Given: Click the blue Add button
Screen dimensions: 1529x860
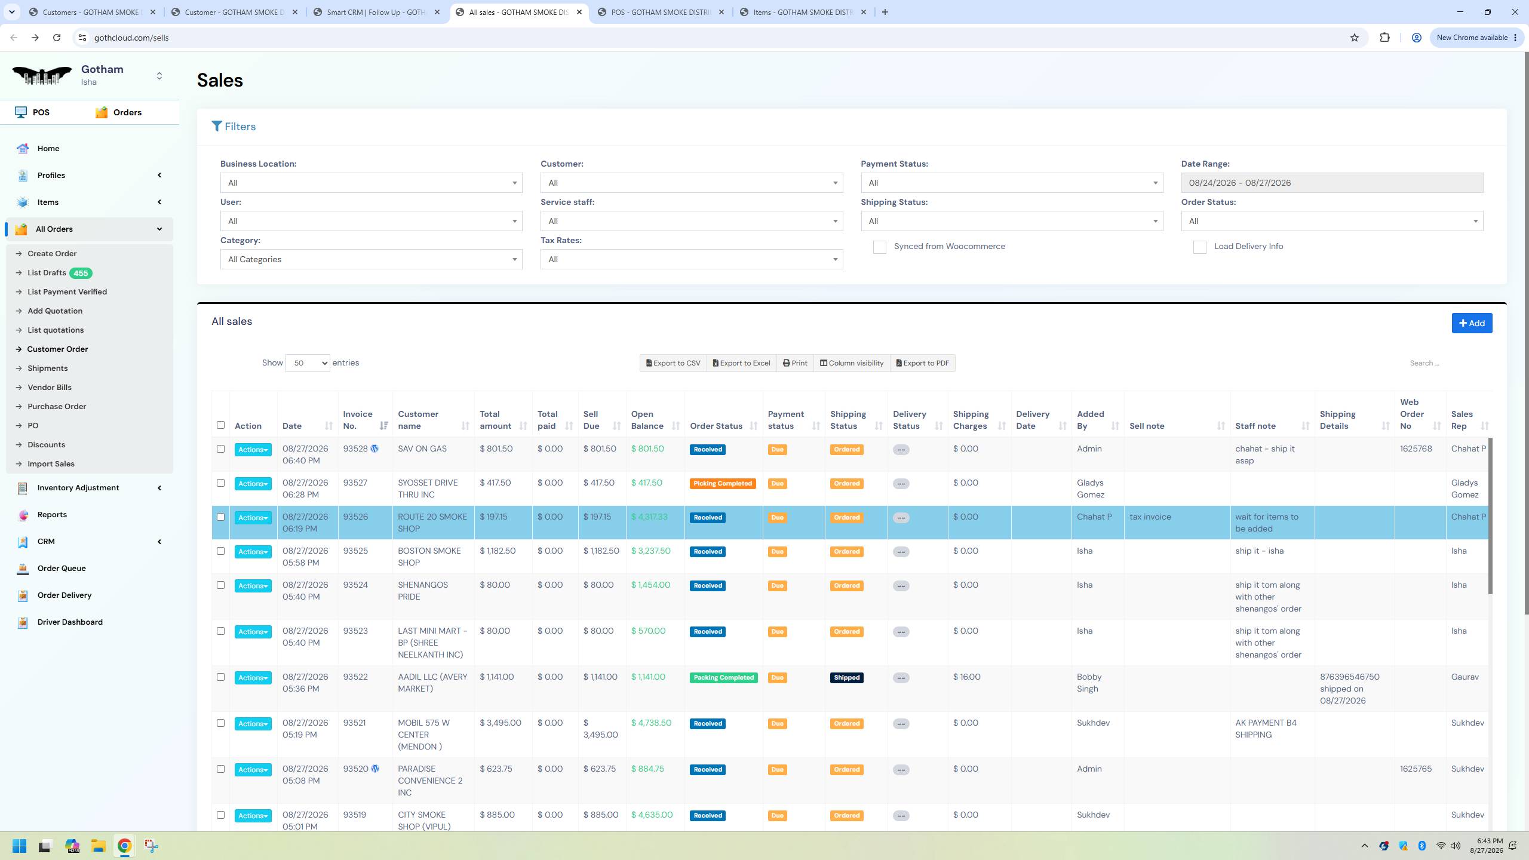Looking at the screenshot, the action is [x=1472, y=323].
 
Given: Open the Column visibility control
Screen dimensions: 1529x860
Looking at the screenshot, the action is [x=851, y=363].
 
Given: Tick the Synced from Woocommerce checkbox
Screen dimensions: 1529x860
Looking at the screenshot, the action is [x=879, y=247].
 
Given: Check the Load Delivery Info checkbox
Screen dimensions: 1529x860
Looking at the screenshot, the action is [x=1199, y=247].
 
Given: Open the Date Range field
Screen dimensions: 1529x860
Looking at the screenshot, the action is [x=1332, y=183].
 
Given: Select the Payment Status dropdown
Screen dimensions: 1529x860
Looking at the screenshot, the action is [x=1012, y=183].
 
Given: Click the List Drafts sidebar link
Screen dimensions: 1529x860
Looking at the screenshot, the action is [x=47, y=273].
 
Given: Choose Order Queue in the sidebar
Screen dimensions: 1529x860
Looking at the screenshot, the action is [x=62, y=569].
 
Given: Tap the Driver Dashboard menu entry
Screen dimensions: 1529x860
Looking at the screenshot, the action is [x=70, y=622].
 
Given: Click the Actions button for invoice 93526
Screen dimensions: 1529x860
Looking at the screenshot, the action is [x=253, y=518].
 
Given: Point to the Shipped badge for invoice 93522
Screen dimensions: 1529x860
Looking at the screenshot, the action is [x=846, y=678].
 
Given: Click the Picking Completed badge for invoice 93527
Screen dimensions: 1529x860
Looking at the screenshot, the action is [x=723, y=484].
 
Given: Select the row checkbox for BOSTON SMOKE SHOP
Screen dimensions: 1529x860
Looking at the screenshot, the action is [x=220, y=551].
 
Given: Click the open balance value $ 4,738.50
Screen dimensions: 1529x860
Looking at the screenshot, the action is [x=651, y=723].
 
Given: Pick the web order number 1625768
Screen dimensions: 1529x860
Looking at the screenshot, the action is [x=1416, y=449].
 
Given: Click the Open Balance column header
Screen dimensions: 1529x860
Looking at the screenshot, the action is [x=647, y=420].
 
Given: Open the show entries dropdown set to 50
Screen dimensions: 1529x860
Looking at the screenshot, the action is [x=308, y=363].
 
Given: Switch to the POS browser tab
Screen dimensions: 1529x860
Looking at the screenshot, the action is [x=661, y=12].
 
